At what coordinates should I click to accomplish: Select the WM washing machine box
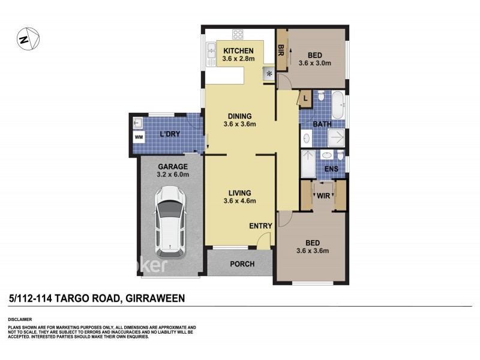[139, 137]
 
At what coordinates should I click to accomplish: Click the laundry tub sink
[137, 122]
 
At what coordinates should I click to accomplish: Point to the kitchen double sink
[211, 55]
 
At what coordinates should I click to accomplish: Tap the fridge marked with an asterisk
[269, 74]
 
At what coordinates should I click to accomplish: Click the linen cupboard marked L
[305, 98]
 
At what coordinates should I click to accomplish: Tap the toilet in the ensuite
[340, 156]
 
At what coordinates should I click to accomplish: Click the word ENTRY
[261, 226]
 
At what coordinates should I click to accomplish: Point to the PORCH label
[242, 264]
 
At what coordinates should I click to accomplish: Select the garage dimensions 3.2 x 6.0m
[173, 175]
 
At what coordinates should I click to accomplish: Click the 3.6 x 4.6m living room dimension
[239, 201]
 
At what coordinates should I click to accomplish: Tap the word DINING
[239, 116]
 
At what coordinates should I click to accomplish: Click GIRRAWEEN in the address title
[153, 298]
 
